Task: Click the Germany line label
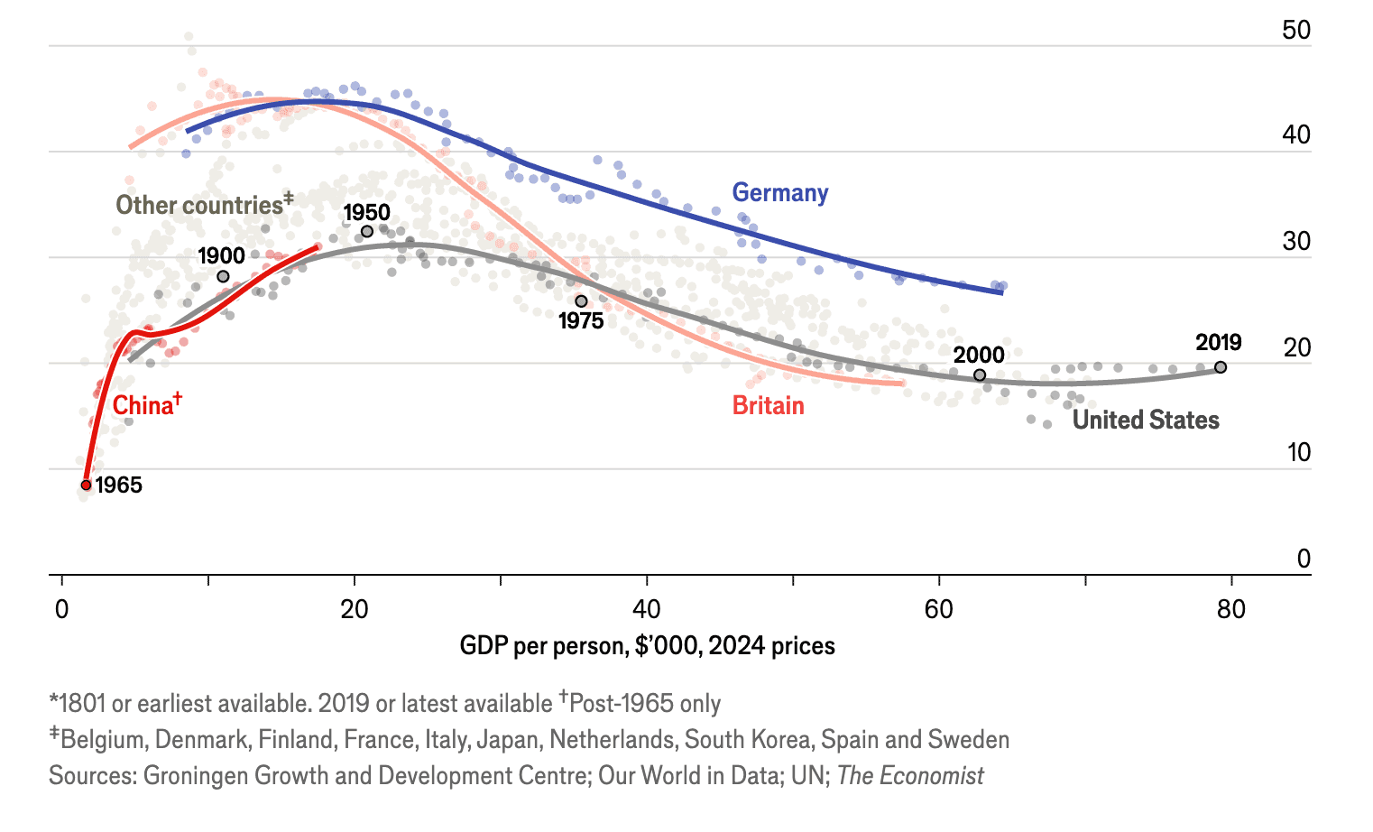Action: coord(779,193)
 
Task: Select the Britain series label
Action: coord(768,405)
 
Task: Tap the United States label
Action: coord(1145,421)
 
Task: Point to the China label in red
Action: coord(143,405)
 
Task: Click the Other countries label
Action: coord(199,206)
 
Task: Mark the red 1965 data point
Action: coord(87,485)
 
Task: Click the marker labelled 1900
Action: coord(223,276)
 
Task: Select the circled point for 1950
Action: coord(367,232)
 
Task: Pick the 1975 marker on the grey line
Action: coord(581,301)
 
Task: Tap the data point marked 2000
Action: coord(980,375)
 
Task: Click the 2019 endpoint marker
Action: coord(1221,367)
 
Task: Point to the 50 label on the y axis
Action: coord(1296,31)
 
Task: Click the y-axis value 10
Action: coord(1298,452)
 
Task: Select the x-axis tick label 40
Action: coord(646,610)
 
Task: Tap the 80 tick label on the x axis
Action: coord(1230,610)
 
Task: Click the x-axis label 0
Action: coord(61,610)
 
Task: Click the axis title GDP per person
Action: coord(647,646)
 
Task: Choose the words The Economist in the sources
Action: coord(910,776)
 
